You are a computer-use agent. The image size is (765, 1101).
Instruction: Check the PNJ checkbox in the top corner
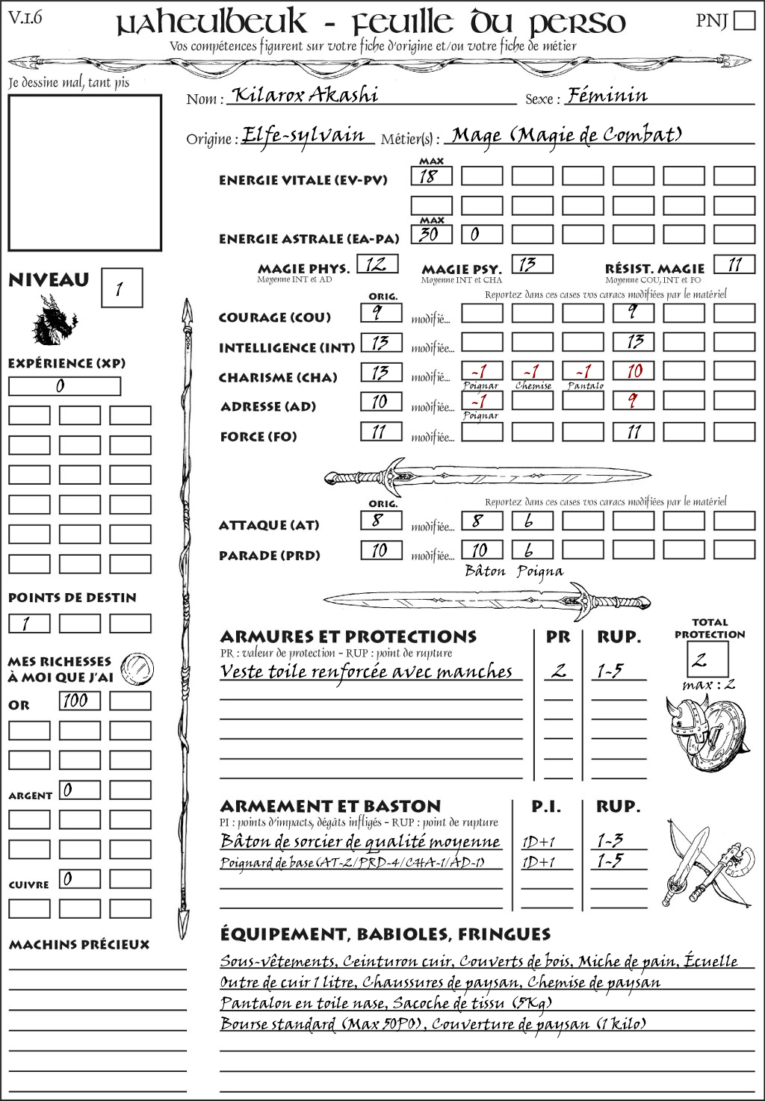(x=744, y=20)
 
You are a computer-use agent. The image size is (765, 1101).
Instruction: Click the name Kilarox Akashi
(x=305, y=95)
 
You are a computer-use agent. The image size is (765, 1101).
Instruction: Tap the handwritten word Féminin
(x=607, y=96)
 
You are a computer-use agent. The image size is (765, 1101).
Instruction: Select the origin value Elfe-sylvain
(x=304, y=136)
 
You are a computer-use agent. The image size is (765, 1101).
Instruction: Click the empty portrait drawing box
(x=84, y=173)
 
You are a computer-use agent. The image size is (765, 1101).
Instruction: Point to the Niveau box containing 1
(x=121, y=288)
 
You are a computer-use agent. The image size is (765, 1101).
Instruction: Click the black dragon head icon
(x=54, y=321)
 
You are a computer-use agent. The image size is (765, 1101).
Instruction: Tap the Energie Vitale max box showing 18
(x=431, y=176)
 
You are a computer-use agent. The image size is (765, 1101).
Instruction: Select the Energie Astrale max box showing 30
(x=431, y=235)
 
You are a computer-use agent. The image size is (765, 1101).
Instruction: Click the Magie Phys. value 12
(x=377, y=264)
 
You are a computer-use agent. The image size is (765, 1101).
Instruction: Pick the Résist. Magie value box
(x=734, y=264)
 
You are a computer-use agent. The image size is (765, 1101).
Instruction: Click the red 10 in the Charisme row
(x=634, y=371)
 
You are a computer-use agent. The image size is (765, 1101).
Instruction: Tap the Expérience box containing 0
(x=64, y=386)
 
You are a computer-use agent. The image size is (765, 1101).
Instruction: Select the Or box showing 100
(x=79, y=701)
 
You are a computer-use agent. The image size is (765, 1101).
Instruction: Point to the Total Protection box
(x=707, y=659)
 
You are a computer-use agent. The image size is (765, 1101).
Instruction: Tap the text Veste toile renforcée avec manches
(x=366, y=672)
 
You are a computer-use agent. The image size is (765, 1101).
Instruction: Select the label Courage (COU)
(x=274, y=317)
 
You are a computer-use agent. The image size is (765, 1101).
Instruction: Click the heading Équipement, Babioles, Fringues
(x=385, y=934)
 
